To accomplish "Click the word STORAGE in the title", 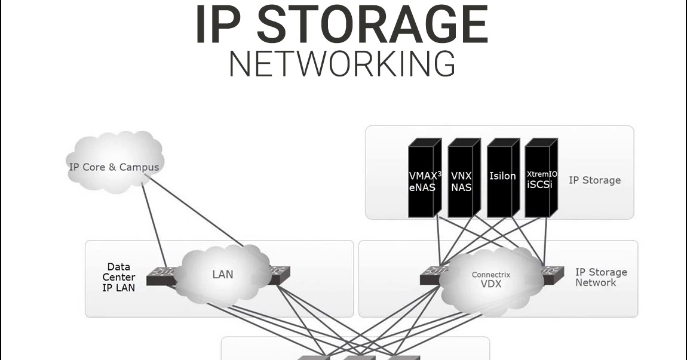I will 376,25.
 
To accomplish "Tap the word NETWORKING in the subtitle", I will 342,64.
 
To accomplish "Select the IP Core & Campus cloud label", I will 114,167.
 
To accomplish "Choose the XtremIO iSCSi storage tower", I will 541,179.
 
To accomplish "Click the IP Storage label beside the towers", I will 594,180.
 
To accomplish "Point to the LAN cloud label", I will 223,275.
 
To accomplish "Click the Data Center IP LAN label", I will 118,278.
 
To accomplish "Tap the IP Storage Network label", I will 601,277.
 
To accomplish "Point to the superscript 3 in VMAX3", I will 439,174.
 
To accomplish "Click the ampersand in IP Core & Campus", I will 112,167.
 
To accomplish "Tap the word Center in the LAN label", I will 118,278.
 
